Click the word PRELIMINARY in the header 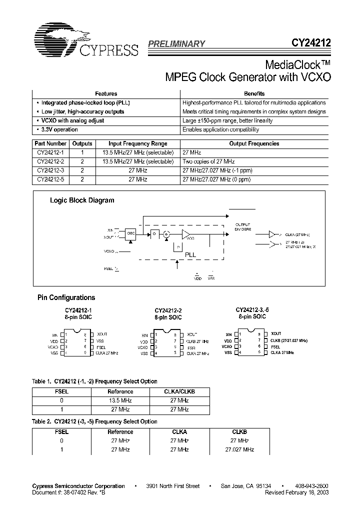pos(176,44)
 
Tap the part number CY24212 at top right pos(310,43)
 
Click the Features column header pos(106,93)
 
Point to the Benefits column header pos(254,93)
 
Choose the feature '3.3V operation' pos(59,129)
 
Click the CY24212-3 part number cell pos(50,170)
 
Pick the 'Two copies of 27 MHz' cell pos(208,161)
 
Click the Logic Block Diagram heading pos(82,200)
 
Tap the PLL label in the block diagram pos(190,254)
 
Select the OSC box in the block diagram pos(131,232)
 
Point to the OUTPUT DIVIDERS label pos(243,226)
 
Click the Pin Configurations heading pos(66,297)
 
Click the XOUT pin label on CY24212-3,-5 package pos(276,333)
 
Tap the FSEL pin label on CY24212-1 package pos(101,346)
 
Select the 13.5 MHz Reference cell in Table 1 pos(120,400)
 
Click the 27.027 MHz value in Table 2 pos(239,449)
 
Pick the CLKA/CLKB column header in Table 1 pos(179,391)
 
